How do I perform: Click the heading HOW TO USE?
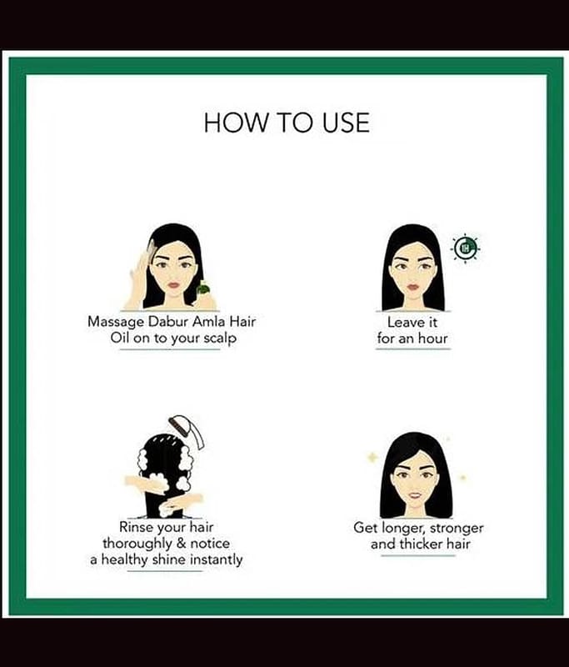(287, 123)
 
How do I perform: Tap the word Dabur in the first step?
(167, 321)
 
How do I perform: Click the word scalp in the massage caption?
(220, 339)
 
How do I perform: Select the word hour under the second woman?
(432, 339)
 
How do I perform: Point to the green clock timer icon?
(466, 248)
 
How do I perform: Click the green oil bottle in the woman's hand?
(203, 288)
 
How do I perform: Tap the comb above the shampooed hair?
(187, 431)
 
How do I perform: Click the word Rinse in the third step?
(137, 527)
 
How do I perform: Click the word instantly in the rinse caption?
(216, 559)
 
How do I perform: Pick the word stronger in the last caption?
(457, 529)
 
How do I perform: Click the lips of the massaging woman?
(175, 283)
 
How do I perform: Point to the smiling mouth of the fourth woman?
(415, 494)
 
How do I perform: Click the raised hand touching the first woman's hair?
(142, 277)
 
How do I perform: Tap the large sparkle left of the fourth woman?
(372, 458)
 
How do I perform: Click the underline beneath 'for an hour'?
(412, 349)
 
